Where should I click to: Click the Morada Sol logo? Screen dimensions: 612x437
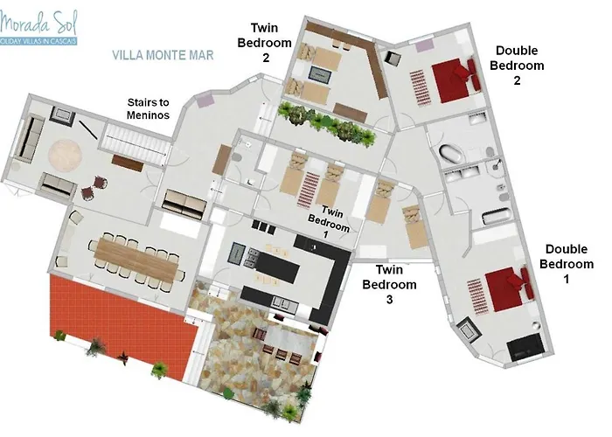[38, 27]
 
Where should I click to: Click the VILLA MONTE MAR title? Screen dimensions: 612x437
[163, 55]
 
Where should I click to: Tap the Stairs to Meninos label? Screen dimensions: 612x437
[148, 108]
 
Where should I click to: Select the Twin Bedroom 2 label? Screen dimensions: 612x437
[265, 43]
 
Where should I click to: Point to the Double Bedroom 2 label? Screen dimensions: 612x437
[517, 66]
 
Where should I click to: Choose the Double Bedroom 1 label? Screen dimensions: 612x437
[567, 264]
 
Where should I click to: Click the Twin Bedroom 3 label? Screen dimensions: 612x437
[389, 284]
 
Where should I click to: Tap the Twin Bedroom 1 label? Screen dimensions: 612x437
[329, 222]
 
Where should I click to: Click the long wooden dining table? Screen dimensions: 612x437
[136, 259]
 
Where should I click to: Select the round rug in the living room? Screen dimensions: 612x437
[66, 156]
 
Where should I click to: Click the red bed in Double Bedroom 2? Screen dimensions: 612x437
[456, 80]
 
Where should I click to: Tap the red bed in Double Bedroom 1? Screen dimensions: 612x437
[508, 288]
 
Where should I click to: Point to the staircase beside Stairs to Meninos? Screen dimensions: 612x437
[136, 140]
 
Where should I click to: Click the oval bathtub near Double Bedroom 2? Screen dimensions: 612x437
[452, 154]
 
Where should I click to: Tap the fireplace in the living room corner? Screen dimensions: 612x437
[62, 115]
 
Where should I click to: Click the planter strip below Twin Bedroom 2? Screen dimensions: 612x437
[327, 124]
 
